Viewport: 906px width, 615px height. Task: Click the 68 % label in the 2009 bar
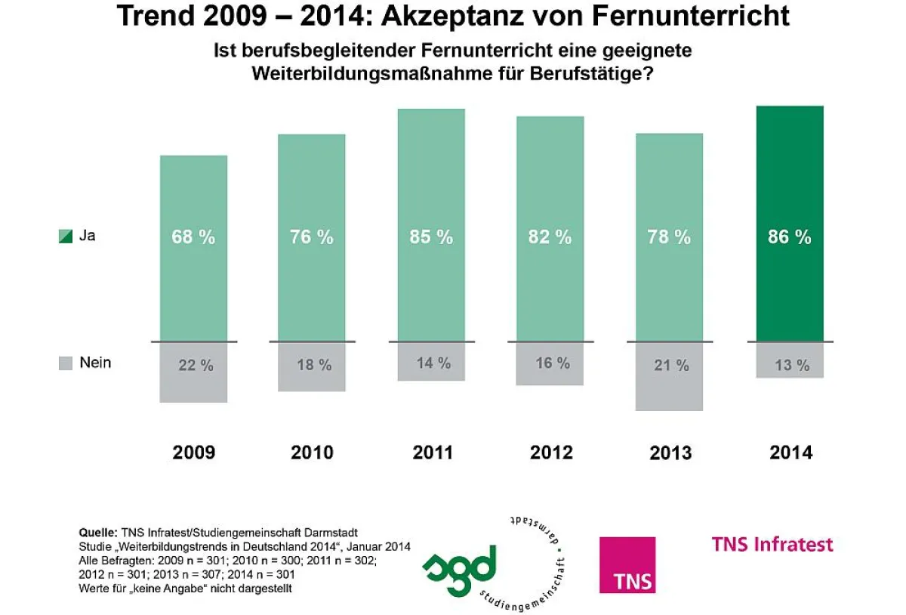[x=193, y=236]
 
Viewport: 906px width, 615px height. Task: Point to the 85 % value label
[x=431, y=236]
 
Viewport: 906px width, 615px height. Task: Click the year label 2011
[x=433, y=453]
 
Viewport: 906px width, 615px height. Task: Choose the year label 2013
[x=670, y=453]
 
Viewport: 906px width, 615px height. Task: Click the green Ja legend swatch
[x=66, y=236]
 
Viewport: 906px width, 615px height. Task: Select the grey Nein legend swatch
[x=66, y=363]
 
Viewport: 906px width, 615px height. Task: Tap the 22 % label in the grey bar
[x=196, y=366]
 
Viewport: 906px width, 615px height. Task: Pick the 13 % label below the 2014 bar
[x=791, y=366]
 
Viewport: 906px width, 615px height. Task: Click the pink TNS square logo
[x=627, y=564]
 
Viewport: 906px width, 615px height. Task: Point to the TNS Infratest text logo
[x=772, y=544]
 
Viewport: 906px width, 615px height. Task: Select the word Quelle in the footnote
[x=96, y=532]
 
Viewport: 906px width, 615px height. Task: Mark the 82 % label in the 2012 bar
[x=550, y=236]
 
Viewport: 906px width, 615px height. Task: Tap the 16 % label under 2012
[x=553, y=363]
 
